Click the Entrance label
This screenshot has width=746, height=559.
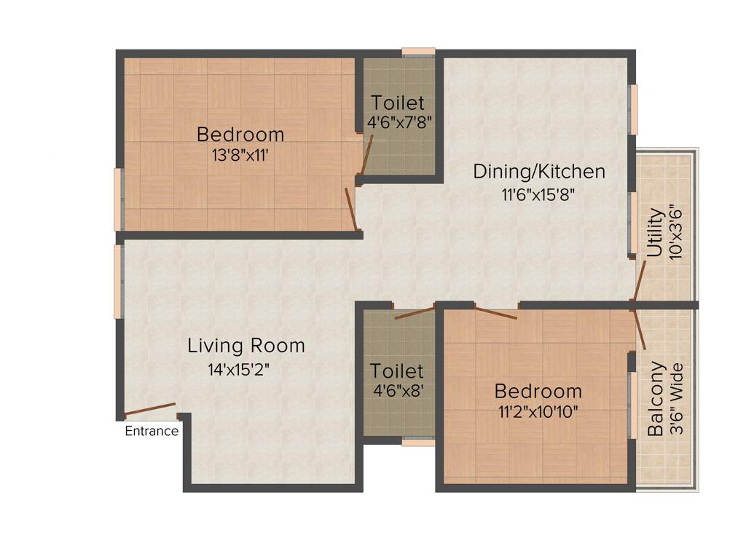coord(152,431)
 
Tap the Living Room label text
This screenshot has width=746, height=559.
coord(246,346)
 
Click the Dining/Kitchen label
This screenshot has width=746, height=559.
coord(539,172)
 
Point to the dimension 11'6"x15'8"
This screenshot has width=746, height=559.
coord(539,194)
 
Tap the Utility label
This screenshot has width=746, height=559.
coord(655,232)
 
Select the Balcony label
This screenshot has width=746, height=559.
coord(656,398)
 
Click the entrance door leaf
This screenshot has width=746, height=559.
coord(150,409)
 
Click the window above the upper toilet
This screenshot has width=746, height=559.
coord(418,52)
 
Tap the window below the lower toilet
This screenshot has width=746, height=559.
coord(418,442)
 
